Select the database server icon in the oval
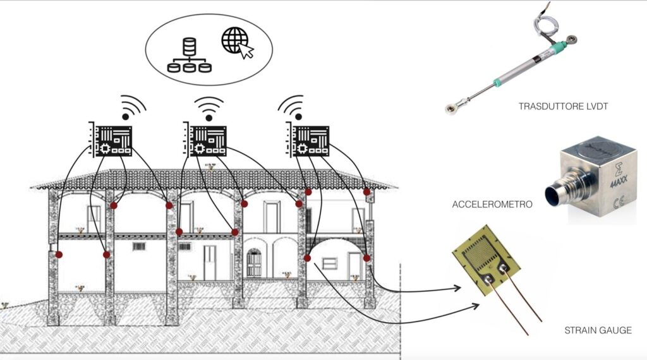pyautogui.click(x=189, y=55)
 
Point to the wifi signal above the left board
pyautogui.click(x=131, y=107)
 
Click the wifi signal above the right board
pyautogui.click(x=292, y=107)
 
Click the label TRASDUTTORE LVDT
pyautogui.click(x=563, y=106)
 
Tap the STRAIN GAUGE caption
pyautogui.click(x=597, y=330)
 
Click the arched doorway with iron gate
pyautogui.click(x=253, y=263)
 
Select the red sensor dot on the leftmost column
pyautogui.click(x=59, y=255)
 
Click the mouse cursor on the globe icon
pyautogui.click(x=247, y=52)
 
